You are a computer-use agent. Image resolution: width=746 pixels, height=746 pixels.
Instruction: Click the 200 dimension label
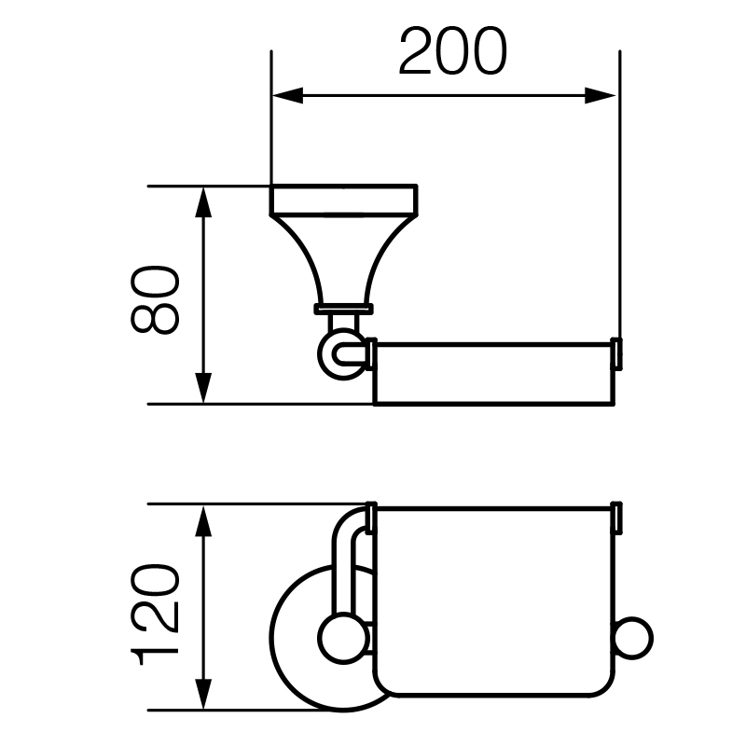pyautogui.click(x=453, y=51)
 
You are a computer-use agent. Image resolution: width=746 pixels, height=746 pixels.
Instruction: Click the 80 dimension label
pyautogui.click(x=155, y=299)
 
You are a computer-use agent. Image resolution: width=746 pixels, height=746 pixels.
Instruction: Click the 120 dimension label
pyautogui.click(x=155, y=615)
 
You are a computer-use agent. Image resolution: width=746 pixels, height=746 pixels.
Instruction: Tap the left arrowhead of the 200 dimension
pyautogui.click(x=287, y=96)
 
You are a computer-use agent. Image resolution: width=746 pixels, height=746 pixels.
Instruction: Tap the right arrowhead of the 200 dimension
pyautogui.click(x=601, y=96)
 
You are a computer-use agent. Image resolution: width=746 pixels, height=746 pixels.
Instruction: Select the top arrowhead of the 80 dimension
pyautogui.click(x=203, y=201)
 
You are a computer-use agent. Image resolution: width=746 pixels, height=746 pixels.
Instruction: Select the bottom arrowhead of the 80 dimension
pyautogui.click(x=203, y=388)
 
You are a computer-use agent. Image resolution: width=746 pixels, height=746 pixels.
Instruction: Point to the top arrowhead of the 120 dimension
pyautogui.click(x=203, y=521)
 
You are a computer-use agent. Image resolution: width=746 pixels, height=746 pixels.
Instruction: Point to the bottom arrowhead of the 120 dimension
pyautogui.click(x=203, y=694)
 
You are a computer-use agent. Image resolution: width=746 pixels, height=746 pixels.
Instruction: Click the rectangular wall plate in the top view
pyautogui.click(x=343, y=200)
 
